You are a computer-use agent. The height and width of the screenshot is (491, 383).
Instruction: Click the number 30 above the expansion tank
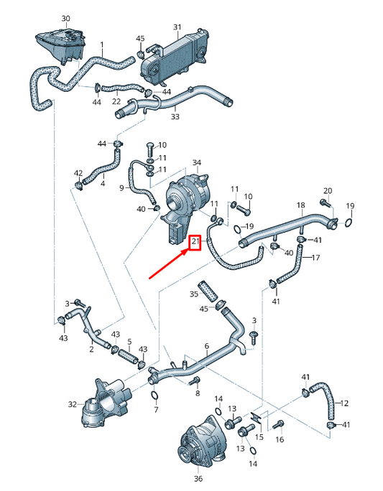point(66,17)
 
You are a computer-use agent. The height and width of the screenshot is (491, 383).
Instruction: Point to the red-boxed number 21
point(195,243)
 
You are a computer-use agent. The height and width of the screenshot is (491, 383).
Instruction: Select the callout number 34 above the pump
point(197,163)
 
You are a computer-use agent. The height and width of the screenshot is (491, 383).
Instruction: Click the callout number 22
point(116,101)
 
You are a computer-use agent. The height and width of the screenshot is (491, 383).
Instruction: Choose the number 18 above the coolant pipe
point(300,205)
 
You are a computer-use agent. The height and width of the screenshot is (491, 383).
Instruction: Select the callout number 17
point(315,256)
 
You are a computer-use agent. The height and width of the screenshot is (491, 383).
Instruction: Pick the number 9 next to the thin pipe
point(122,187)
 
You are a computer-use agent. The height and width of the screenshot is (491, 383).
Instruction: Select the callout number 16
point(280,439)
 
